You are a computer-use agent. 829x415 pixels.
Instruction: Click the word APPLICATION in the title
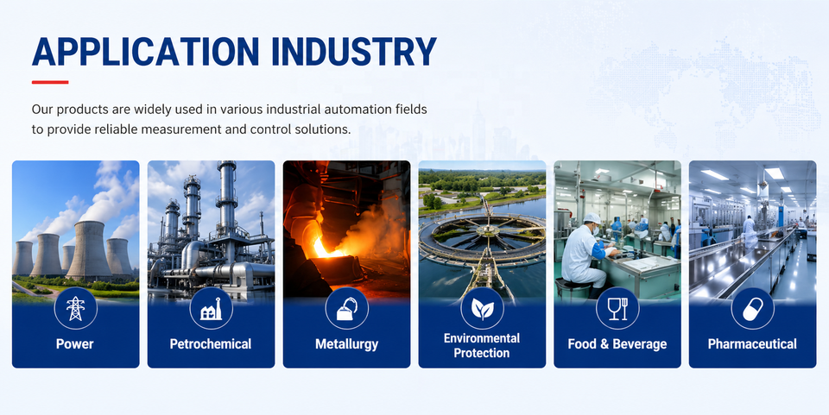point(145,52)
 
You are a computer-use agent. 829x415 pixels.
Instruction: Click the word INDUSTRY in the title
point(354,52)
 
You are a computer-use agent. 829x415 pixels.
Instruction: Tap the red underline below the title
point(50,82)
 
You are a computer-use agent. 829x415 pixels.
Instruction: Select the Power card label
point(75,344)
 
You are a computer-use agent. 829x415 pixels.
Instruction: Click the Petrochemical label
point(211,344)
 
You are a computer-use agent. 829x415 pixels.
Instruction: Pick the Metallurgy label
point(347,345)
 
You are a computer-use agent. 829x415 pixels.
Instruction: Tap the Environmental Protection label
point(482,346)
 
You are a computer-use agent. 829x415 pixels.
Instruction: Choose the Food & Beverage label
point(617,345)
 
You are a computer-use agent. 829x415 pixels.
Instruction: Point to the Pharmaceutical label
point(752,344)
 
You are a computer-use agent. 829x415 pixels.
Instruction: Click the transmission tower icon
point(75,308)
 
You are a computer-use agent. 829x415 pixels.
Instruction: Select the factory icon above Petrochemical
point(211,309)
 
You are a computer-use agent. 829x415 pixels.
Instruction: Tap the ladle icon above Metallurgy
point(347,309)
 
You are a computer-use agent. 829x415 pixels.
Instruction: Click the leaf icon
point(482,309)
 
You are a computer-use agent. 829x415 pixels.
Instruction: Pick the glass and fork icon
point(617,309)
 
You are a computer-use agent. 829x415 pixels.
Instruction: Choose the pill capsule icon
point(753,309)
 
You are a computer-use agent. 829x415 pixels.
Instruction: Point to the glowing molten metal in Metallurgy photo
point(324,248)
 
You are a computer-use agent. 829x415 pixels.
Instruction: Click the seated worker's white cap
point(592,218)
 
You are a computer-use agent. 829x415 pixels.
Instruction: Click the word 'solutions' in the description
point(325,129)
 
